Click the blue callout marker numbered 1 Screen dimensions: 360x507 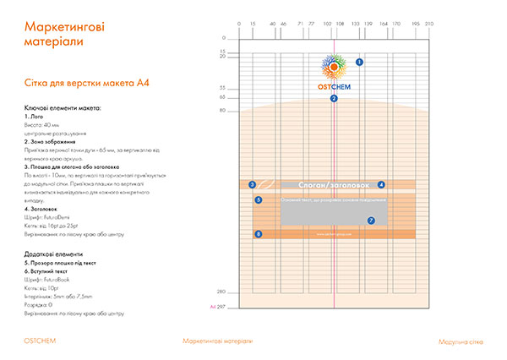359,63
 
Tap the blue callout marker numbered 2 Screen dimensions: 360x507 334,99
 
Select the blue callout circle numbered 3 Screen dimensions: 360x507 252,184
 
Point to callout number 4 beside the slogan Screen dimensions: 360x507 381,184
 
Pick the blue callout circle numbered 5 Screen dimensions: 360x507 258,200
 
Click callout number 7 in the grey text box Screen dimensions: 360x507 371,221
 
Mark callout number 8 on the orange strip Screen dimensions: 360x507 258,234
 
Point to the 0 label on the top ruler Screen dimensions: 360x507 239,23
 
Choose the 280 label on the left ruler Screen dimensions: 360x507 222,292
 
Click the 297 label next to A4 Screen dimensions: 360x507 223,306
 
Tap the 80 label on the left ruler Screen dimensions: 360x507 222,111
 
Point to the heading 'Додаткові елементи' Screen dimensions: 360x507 54,254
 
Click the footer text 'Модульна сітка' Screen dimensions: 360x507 461,341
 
